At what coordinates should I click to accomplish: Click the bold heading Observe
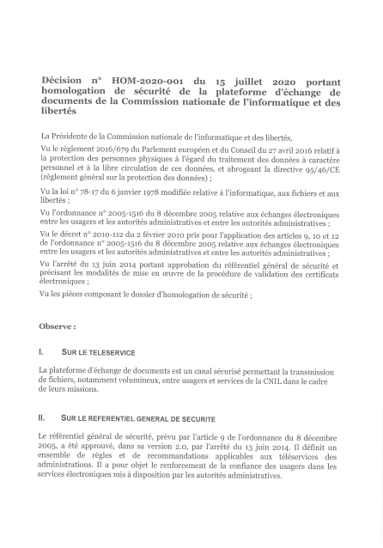(57, 327)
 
